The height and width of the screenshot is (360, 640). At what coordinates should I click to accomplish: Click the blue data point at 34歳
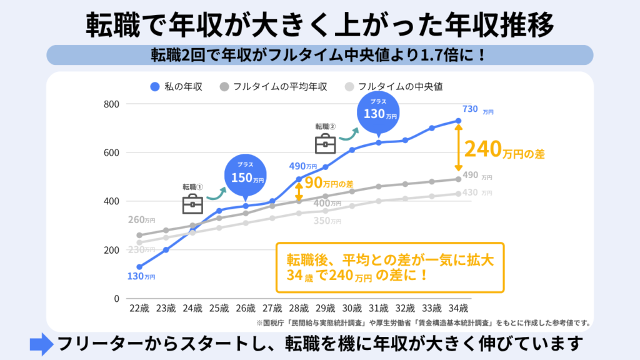click(458, 121)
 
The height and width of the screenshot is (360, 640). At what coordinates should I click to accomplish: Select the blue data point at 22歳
click(139, 267)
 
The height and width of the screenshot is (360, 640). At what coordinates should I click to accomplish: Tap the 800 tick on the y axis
click(111, 104)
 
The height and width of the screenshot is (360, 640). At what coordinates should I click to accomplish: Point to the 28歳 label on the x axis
click(299, 308)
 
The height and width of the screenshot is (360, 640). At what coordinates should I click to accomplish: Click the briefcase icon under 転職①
click(192, 204)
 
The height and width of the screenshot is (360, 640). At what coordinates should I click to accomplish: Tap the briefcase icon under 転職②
click(325, 144)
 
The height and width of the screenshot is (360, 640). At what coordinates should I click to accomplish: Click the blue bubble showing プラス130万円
click(379, 113)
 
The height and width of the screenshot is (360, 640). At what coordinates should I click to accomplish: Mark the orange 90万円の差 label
click(328, 184)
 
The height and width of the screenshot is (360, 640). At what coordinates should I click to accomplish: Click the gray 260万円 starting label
click(141, 220)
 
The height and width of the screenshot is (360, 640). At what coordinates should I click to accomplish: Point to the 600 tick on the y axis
click(111, 152)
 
